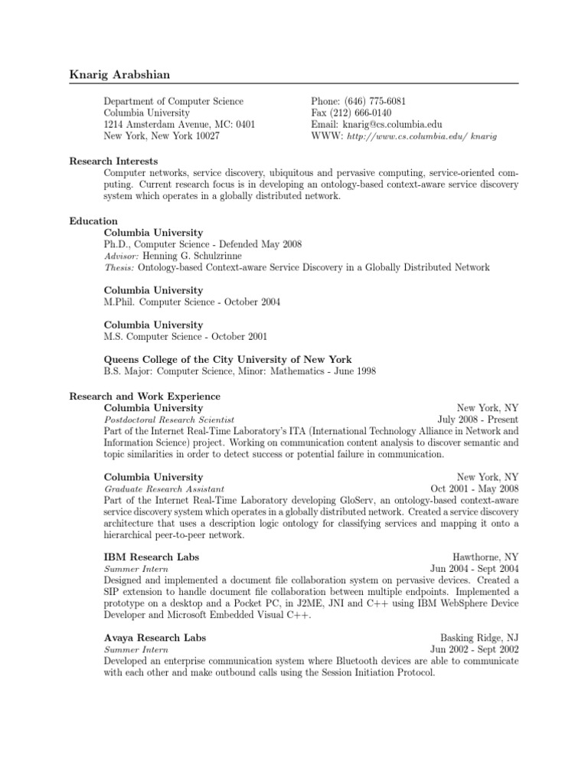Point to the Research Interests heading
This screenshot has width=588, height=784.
(113, 162)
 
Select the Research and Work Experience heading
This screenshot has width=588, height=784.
(145, 397)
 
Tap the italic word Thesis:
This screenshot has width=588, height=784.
(119, 267)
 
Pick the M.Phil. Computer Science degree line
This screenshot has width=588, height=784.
(192, 302)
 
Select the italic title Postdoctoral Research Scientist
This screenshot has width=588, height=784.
(169, 420)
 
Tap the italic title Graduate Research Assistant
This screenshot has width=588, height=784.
(164, 488)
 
